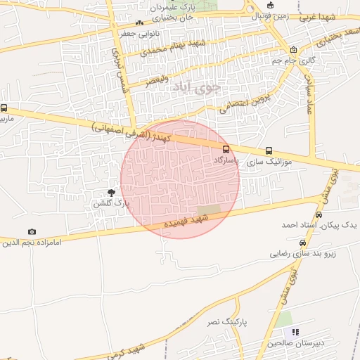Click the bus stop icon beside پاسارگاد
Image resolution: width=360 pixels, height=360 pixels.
pos(226,149)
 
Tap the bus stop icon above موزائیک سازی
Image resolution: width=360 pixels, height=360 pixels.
pos(269,150)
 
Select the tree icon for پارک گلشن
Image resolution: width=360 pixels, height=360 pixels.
pos(111,192)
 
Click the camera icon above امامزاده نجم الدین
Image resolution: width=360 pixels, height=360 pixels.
pos(32,231)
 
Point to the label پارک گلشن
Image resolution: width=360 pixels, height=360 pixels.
pos(112,203)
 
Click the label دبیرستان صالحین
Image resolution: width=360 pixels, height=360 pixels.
pos(294,343)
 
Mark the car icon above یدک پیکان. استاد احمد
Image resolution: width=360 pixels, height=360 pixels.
pos(319,214)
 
